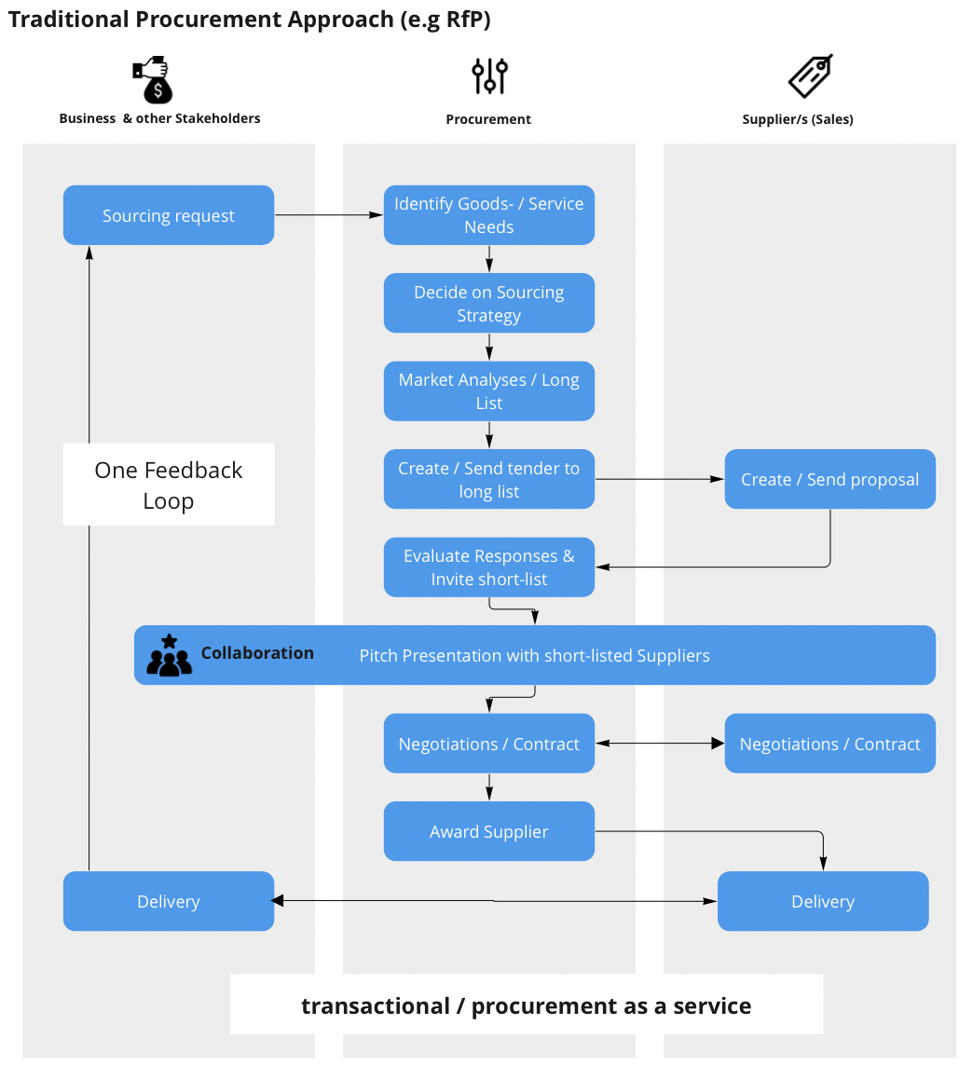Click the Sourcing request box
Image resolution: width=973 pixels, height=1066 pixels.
[x=169, y=215]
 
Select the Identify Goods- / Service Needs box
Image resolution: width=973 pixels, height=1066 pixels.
[x=489, y=215]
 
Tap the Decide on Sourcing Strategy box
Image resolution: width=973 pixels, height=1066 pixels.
[x=489, y=303]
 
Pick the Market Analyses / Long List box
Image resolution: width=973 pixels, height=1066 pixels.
[x=489, y=391]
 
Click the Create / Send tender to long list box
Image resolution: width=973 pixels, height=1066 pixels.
[x=489, y=480]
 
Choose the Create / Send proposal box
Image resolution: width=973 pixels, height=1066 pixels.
[x=829, y=480]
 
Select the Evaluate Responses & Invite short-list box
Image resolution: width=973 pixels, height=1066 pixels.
[x=489, y=567]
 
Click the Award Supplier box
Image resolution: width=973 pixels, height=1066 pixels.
[x=489, y=831]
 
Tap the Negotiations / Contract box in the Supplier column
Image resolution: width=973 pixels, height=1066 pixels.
[x=829, y=744]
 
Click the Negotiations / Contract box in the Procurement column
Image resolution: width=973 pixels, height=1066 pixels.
[x=489, y=744]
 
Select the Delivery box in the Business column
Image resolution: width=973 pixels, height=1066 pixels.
[x=169, y=901]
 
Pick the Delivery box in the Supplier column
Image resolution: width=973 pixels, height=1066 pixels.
[x=823, y=901]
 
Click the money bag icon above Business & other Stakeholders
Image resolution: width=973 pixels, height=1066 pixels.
[x=153, y=80]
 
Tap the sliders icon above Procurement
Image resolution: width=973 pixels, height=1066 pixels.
[x=489, y=76]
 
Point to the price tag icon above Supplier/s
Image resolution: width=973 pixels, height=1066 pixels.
[x=810, y=76]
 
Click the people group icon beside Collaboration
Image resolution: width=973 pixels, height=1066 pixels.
[x=169, y=656]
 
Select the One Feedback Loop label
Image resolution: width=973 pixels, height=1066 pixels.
[x=169, y=485]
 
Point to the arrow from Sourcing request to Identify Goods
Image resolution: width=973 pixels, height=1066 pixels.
[x=329, y=215]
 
